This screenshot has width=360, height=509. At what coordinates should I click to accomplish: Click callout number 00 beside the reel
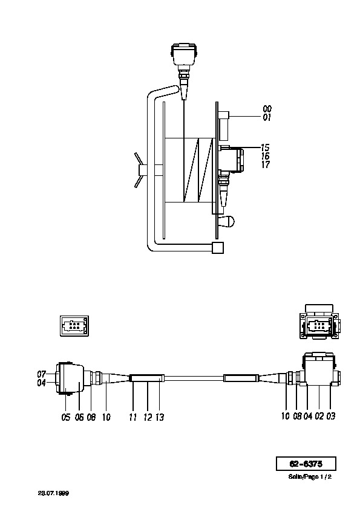pos(267,109)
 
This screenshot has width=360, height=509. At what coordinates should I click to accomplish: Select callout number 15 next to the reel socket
pos(265,148)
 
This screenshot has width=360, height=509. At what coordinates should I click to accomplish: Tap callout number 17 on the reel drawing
pos(265,164)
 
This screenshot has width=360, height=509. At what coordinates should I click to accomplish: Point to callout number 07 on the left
pos(42,374)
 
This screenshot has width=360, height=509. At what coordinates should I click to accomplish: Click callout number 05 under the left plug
pos(65,417)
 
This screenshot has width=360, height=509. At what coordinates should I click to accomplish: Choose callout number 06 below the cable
pos(79,417)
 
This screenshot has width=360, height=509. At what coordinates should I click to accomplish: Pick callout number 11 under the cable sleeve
pos(133,417)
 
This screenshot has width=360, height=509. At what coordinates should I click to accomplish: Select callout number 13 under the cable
pos(160,417)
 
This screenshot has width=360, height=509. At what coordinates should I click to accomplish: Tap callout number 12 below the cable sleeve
pos(148,417)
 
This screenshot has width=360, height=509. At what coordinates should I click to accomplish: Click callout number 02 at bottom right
pos(319,416)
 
